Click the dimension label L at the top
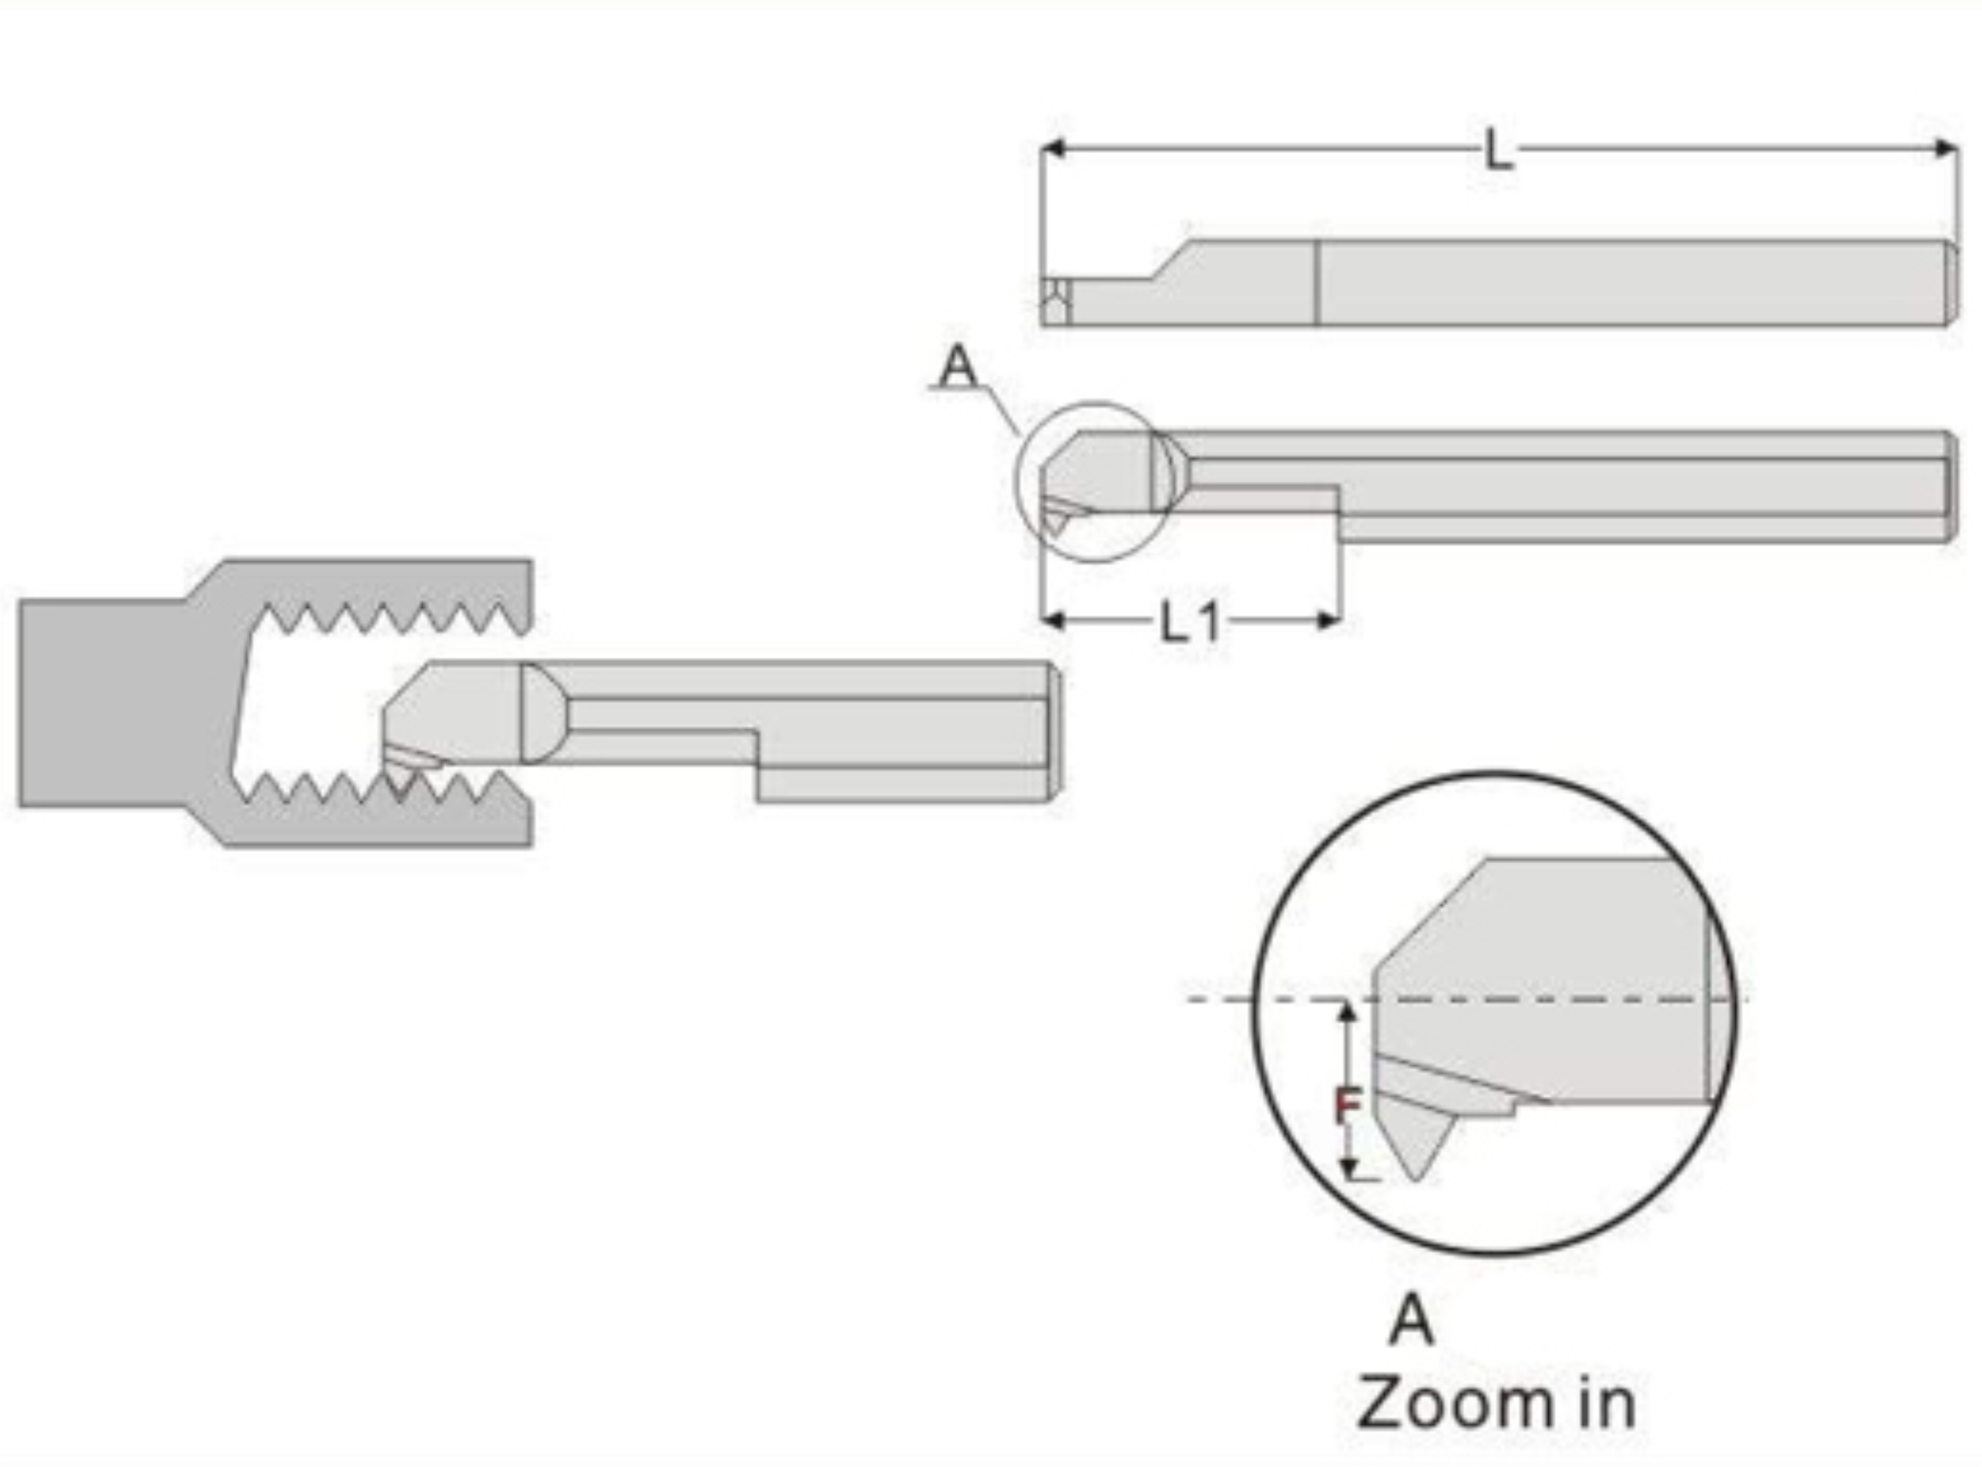tap(1498, 150)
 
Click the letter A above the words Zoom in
tap(1411, 1320)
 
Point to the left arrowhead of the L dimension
tap(1052, 149)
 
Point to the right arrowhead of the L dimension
tap(1946, 149)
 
